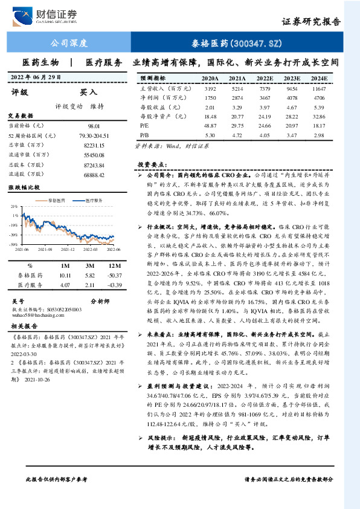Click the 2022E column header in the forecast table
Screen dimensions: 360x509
[265, 79]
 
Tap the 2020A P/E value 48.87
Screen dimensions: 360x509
[211, 125]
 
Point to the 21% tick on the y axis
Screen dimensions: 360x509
[15, 207]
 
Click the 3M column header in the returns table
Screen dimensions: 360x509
[89, 265]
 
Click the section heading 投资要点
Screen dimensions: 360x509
[150, 164]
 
